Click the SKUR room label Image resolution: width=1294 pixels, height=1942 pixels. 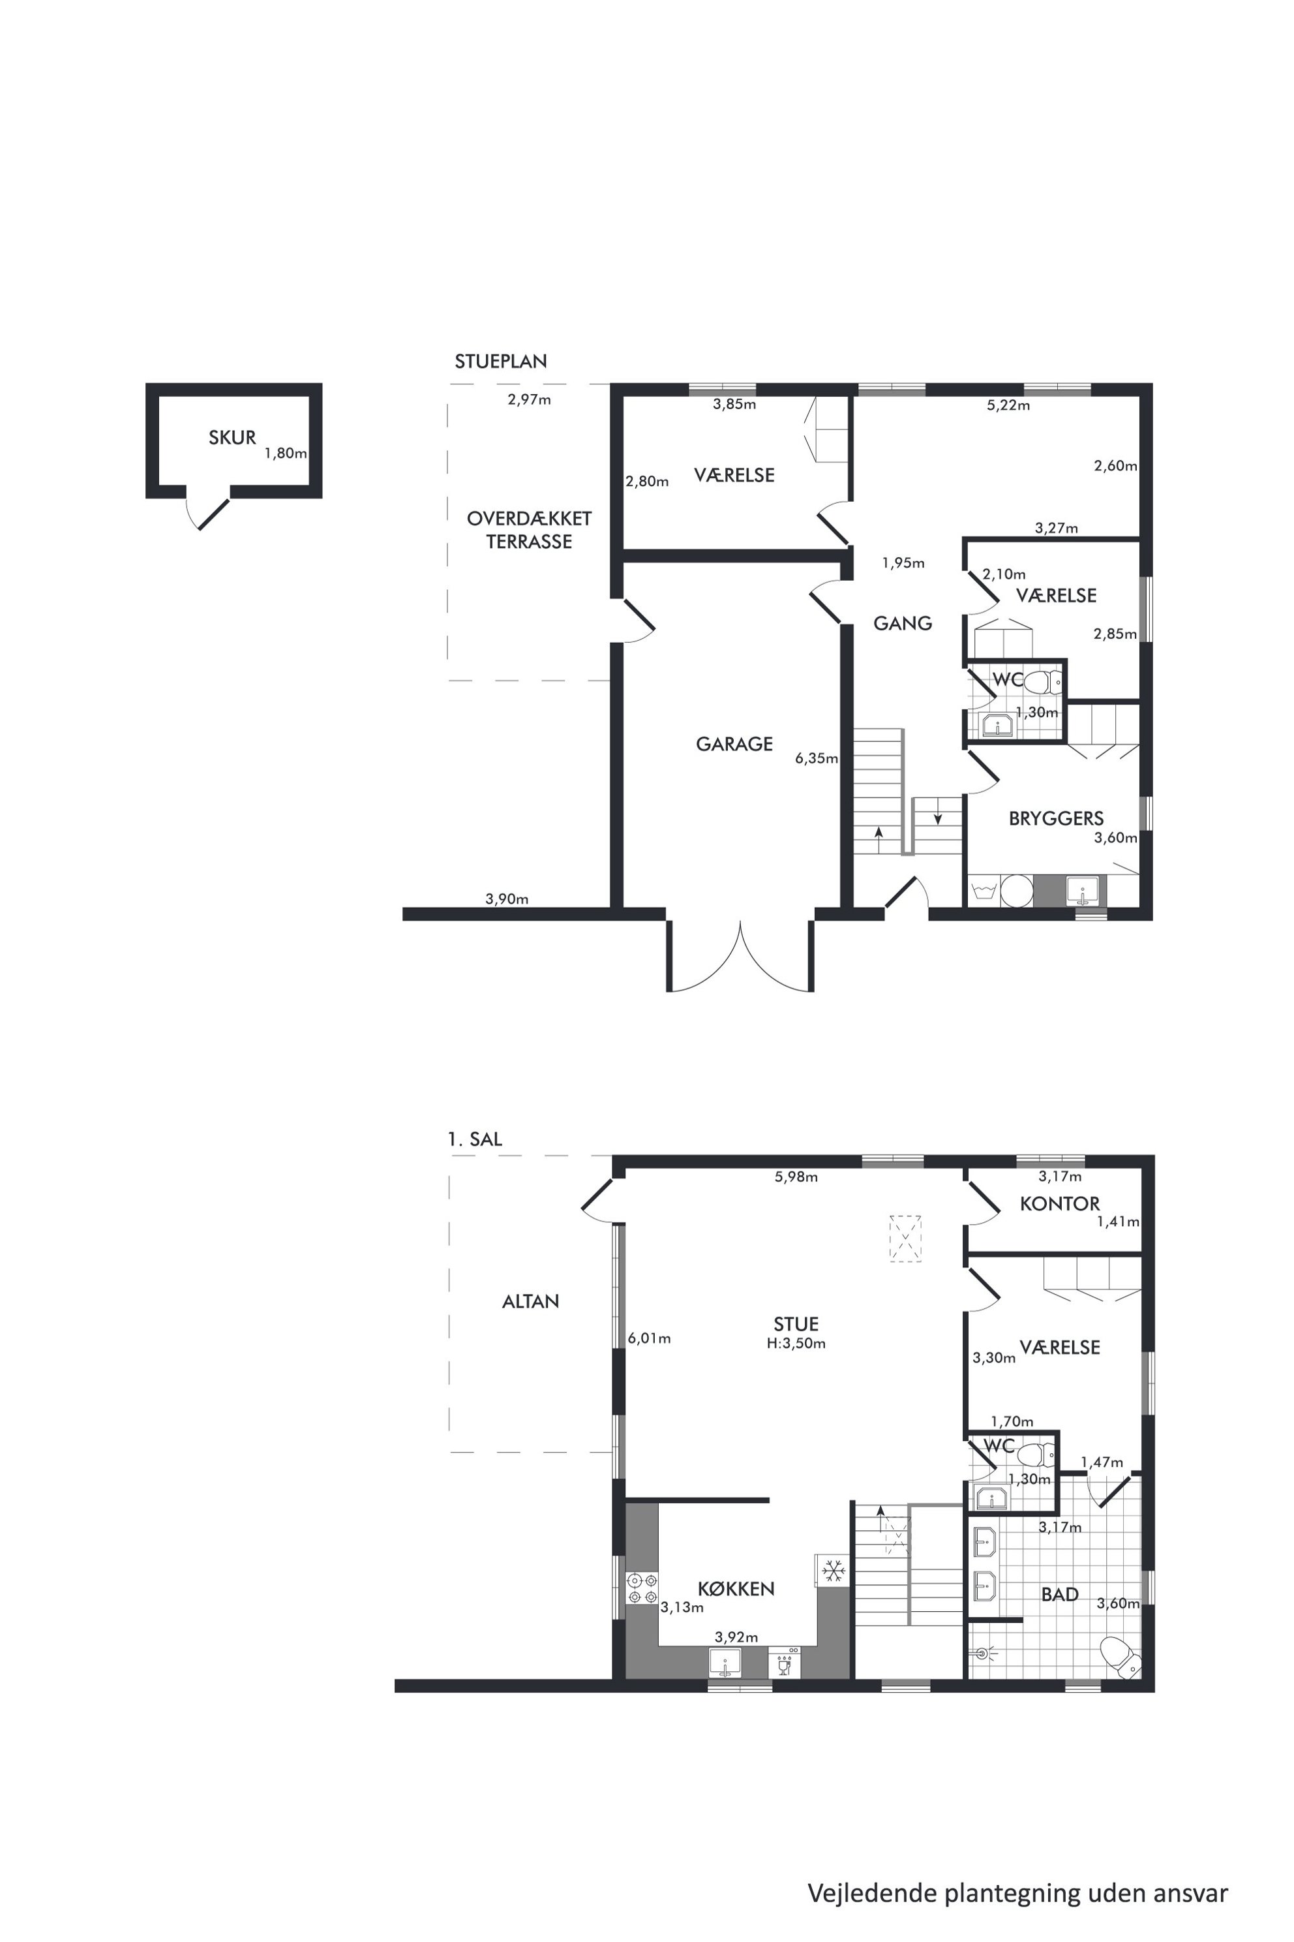232,438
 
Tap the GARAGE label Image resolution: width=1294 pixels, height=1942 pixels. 734,744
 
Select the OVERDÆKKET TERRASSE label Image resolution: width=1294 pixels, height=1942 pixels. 529,530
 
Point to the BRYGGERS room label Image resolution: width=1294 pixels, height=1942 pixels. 1055,818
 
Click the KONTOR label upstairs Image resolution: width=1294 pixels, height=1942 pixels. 1060,1204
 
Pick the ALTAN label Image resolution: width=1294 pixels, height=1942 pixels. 531,1301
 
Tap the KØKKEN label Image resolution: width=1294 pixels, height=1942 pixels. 735,1588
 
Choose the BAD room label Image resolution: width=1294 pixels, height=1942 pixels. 1060,1594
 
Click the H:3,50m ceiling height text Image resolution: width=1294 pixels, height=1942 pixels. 796,1344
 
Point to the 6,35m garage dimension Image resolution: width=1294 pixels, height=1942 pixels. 816,758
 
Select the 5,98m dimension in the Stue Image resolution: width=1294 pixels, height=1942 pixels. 796,1177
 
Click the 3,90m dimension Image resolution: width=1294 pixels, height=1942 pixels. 507,899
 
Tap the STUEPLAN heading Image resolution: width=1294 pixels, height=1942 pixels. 501,361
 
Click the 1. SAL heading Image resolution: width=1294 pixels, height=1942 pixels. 475,1139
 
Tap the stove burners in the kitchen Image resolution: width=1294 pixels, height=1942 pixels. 642,1588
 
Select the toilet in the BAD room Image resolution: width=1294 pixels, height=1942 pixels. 1119,1656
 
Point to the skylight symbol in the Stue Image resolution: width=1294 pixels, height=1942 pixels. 905,1239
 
